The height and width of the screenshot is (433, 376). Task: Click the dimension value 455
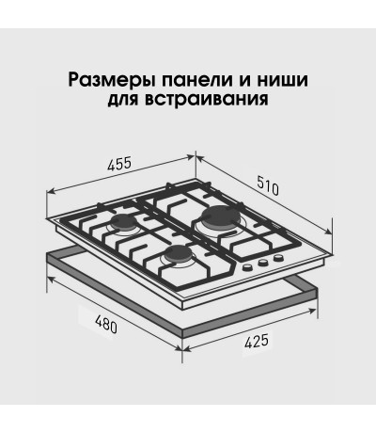[118, 164]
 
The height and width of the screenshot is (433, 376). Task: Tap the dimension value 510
[268, 185]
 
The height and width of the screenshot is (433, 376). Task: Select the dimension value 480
[106, 324]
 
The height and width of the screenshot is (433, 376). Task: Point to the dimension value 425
[257, 342]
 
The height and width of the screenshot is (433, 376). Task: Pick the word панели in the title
[196, 80]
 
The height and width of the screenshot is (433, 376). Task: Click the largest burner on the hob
[221, 216]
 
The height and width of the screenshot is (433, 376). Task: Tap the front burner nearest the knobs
[178, 253]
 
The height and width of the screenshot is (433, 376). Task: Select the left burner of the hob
[125, 221]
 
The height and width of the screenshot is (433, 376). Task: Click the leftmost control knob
[248, 267]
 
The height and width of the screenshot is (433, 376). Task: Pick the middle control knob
[263, 263]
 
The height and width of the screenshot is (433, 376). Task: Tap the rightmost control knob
[278, 258]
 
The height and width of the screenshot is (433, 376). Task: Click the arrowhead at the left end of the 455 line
[51, 191]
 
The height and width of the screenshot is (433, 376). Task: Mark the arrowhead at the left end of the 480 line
[51, 279]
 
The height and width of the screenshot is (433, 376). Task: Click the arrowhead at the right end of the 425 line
[312, 311]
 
